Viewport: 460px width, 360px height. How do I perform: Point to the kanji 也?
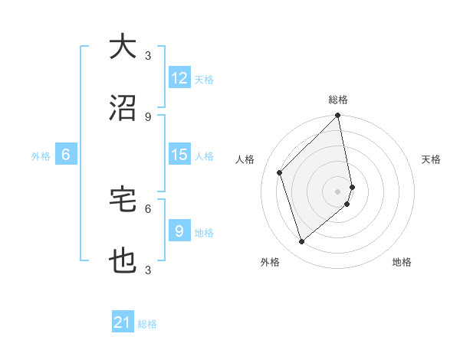(123, 261)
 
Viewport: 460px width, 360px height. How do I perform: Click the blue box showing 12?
(179, 78)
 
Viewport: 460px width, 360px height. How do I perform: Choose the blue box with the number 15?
(179, 155)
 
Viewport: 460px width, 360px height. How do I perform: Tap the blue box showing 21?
(123, 323)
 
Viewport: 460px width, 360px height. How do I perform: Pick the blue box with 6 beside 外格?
(66, 155)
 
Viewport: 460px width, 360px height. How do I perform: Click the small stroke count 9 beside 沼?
(148, 116)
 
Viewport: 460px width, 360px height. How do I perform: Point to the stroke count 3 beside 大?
(148, 55)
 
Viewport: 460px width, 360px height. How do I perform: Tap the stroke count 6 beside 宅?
(148, 208)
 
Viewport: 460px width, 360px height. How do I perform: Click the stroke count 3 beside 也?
(148, 270)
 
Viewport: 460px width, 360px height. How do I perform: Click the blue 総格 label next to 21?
(147, 324)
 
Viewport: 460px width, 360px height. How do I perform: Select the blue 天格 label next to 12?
(204, 79)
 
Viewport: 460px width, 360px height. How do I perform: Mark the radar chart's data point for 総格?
(338, 116)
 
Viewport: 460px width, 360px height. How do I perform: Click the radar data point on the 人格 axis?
(280, 172)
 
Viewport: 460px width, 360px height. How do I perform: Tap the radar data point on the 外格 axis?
(301, 242)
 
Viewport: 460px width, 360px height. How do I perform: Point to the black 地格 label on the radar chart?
(402, 262)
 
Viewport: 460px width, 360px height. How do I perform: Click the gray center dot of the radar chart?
(338, 191)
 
